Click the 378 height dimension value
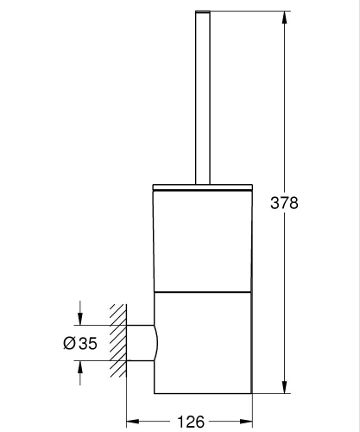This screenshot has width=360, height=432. click(284, 203)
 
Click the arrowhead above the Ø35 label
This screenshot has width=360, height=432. click(81, 318)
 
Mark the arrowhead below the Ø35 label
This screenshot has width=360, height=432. click(81, 367)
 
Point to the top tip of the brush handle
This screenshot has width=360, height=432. click(203, 13)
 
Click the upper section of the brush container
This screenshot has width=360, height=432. click(203, 238)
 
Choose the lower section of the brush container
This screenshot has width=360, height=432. click(203, 337)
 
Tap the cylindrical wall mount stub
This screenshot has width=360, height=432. click(141, 343)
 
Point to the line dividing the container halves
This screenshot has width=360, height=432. click(203, 289)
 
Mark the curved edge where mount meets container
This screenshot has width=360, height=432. click(157, 343)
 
